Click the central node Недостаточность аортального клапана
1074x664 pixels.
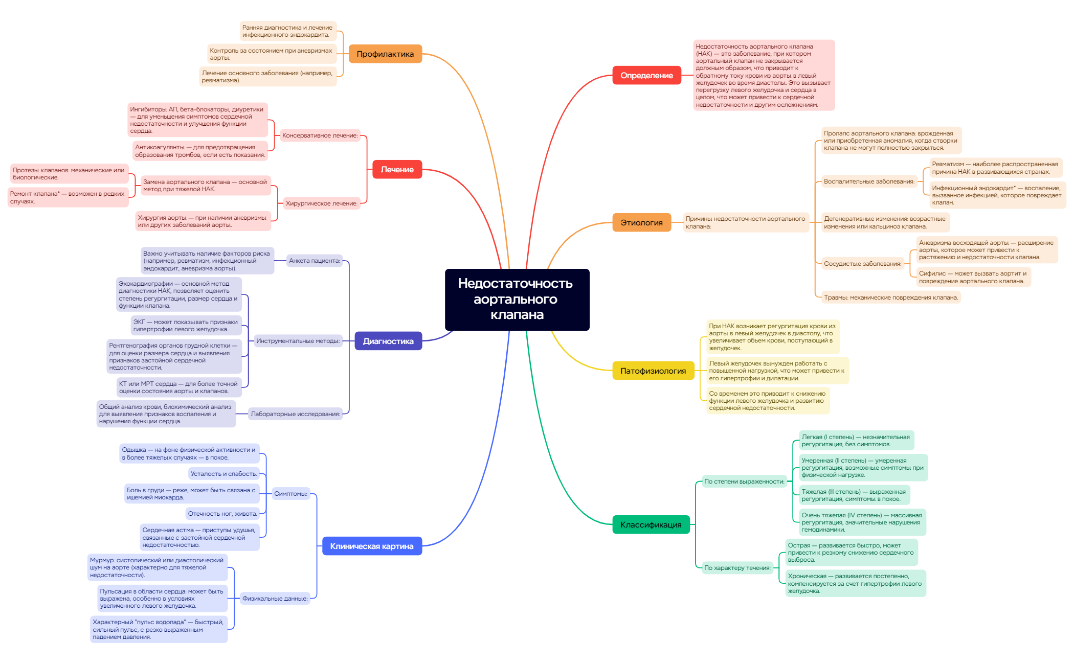click(x=517, y=300)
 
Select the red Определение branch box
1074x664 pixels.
click(x=646, y=75)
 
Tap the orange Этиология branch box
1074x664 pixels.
click(x=641, y=222)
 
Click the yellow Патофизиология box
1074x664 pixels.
click(x=653, y=371)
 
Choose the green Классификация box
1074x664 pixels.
click(x=651, y=524)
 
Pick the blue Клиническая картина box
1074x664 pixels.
click(x=372, y=546)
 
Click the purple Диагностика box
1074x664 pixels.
click(x=388, y=341)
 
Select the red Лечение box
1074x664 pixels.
click(x=397, y=169)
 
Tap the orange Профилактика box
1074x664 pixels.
click(x=385, y=54)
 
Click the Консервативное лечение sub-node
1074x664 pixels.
click(x=320, y=135)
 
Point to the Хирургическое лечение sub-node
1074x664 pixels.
click(x=321, y=203)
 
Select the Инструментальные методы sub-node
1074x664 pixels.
click(x=298, y=341)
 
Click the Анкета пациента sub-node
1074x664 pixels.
click(x=314, y=261)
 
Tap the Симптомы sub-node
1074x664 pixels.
click(x=290, y=494)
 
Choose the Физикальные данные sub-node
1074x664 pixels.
click(x=275, y=599)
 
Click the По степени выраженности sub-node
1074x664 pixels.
click(x=744, y=482)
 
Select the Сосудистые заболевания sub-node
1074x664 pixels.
click(x=862, y=264)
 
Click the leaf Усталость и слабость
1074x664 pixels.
click(x=223, y=474)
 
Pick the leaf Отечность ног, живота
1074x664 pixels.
click(x=222, y=514)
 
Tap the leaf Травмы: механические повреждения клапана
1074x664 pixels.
click(x=890, y=297)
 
